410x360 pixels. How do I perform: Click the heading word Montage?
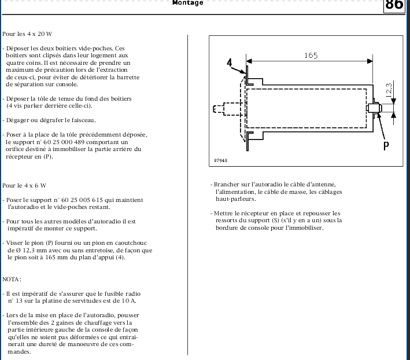(188, 3)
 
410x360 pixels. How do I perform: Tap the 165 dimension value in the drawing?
(311, 56)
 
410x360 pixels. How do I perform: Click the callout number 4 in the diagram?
(230, 62)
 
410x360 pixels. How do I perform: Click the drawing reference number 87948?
(220, 160)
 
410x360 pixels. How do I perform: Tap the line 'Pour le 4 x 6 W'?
(24, 185)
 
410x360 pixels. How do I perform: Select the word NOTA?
(12, 279)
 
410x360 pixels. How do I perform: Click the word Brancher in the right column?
(227, 184)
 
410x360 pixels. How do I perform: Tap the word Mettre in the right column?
(225, 213)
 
